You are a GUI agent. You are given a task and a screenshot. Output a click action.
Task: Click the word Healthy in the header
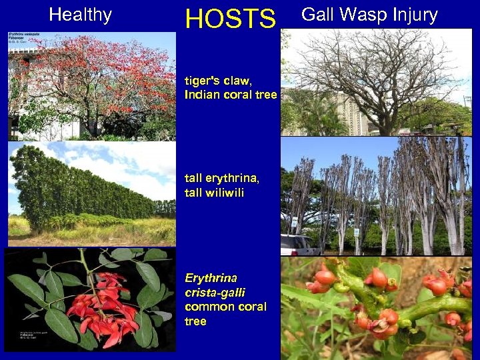click(x=80, y=15)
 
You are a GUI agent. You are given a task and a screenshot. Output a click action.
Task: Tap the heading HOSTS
click(x=230, y=19)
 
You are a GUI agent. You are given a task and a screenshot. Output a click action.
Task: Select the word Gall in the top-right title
click(x=319, y=15)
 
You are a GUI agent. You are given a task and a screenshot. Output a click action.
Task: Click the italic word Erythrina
click(x=211, y=277)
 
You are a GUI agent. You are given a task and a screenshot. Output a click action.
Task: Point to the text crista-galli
click(x=215, y=292)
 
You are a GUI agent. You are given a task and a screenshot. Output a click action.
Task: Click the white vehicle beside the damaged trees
click(x=297, y=245)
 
